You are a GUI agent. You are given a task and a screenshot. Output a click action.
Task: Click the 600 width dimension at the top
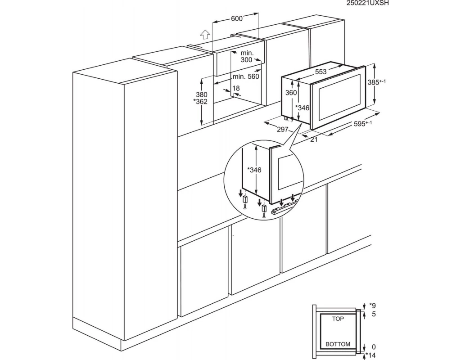[x=237, y=18]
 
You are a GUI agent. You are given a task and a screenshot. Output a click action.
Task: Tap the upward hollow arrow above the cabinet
[x=205, y=34]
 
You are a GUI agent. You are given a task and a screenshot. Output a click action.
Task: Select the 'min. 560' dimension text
[x=246, y=76]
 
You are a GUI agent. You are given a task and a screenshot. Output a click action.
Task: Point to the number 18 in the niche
[x=236, y=88]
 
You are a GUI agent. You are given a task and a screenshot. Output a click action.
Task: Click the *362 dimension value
[x=200, y=102]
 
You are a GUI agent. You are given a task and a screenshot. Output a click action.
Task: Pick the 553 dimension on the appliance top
[x=321, y=72]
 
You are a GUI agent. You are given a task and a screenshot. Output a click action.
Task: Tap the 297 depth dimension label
[x=283, y=129]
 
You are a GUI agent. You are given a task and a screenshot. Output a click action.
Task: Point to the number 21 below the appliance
[x=314, y=139]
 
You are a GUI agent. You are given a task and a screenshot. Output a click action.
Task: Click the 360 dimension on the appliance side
[x=291, y=93]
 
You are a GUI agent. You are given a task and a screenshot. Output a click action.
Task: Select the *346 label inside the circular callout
[x=254, y=170]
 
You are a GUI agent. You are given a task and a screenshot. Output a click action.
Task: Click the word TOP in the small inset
[x=338, y=319]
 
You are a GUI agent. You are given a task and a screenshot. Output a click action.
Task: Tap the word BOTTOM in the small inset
[x=338, y=344]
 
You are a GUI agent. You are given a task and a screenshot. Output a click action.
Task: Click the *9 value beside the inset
[x=372, y=306]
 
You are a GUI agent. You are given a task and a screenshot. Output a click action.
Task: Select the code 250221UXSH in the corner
[x=367, y=3]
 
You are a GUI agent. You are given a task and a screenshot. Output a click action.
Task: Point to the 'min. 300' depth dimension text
[x=247, y=56]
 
